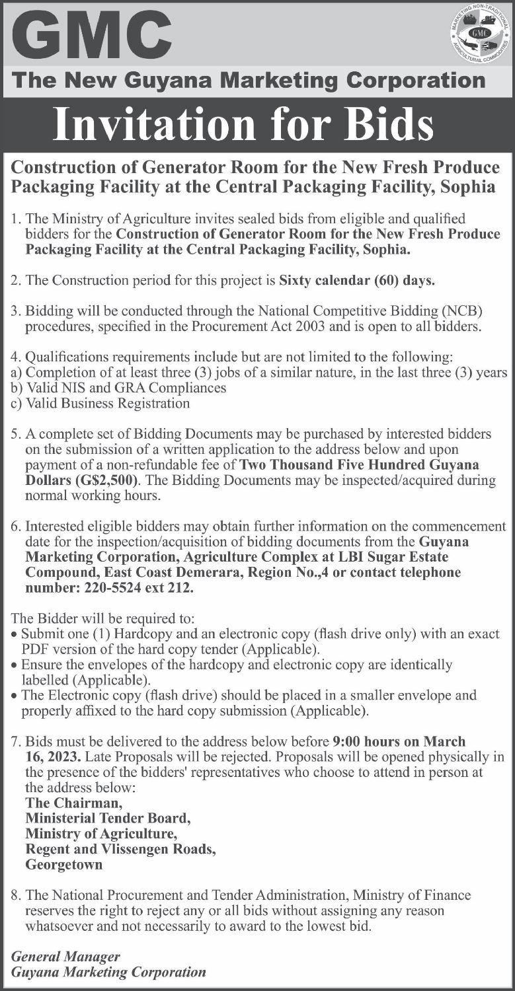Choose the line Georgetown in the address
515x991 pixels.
64,864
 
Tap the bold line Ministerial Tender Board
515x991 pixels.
108,818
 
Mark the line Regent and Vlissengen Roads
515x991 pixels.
120,849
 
